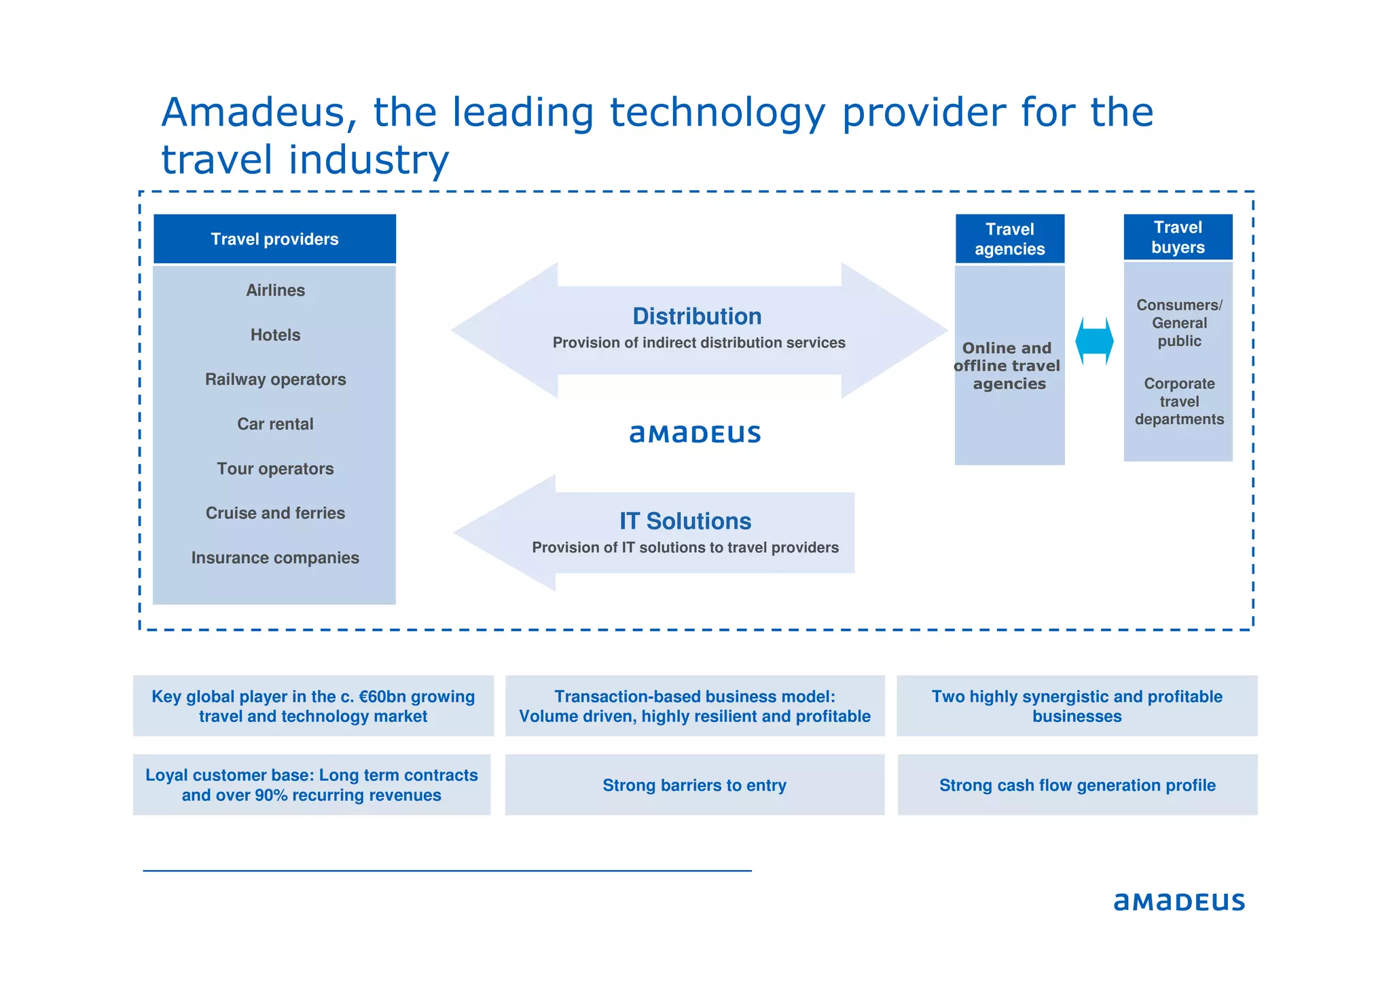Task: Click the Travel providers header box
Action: [x=274, y=239]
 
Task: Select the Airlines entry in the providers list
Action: [x=275, y=290]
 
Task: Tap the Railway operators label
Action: [x=275, y=379]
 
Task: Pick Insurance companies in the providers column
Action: [x=275, y=558]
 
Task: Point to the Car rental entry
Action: [x=275, y=424]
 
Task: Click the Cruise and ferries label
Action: [x=275, y=513]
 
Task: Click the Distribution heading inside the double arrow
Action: [x=697, y=316]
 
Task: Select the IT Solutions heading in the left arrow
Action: [x=685, y=521]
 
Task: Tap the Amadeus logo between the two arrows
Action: [x=695, y=434]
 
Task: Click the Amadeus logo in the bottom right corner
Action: [x=1179, y=901]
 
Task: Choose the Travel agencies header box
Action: [x=1009, y=239]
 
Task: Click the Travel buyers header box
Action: [x=1178, y=237]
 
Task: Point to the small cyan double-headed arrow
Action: [x=1094, y=341]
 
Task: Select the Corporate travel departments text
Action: [x=1179, y=401]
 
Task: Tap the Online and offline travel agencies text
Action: [x=1008, y=366]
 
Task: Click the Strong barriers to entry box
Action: [x=694, y=785]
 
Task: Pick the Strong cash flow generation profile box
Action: [x=1077, y=785]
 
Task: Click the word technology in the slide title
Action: [x=717, y=112]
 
